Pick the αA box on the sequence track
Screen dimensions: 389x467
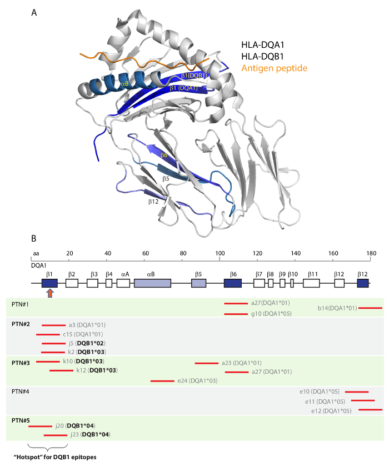point(123,283)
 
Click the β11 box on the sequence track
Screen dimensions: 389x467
point(313,283)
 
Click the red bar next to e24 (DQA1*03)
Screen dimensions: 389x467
point(162,381)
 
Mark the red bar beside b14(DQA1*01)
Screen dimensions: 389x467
point(370,308)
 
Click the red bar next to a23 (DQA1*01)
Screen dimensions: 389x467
point(206,363)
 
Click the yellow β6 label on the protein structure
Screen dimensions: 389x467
point(164,155)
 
